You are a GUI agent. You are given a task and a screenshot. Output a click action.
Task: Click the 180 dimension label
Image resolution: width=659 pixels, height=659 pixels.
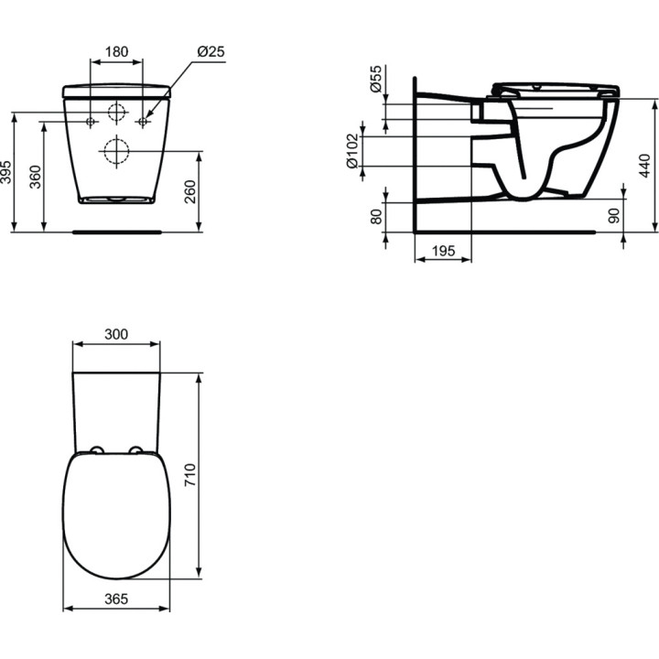click(x=115, y=52)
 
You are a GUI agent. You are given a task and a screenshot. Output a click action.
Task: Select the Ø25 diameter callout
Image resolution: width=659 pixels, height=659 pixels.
click(x=211, y=52)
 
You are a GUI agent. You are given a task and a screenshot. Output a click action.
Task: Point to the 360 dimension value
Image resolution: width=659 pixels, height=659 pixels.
click(x=35, y=177)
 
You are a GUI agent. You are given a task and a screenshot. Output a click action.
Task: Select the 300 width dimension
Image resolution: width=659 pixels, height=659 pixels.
click(x=115, y=335)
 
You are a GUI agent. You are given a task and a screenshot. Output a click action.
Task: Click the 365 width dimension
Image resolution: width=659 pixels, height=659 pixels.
click(x=115, y=599)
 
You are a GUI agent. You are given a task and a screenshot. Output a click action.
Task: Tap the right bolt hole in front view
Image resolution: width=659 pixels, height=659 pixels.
click(x=143, y=121)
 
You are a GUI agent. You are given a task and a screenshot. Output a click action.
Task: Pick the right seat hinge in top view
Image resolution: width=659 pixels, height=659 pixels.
click(x=136, y=449)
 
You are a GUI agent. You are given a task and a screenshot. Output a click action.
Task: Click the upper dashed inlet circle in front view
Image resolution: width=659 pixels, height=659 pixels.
click(x=116, y=113)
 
